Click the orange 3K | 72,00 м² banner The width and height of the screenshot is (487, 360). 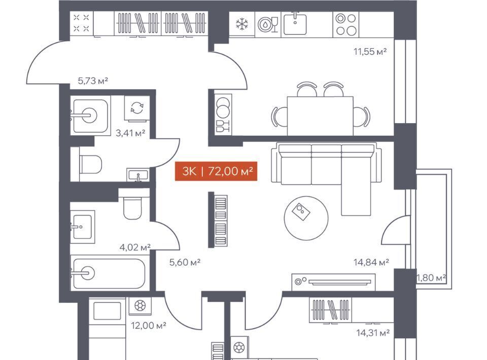pos(216,171)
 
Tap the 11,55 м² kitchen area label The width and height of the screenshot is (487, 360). pos(370,51)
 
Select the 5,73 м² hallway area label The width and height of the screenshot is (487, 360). pos(93,81)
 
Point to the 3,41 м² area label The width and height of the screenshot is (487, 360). pos(130,133)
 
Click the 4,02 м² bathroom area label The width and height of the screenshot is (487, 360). pos(135,247)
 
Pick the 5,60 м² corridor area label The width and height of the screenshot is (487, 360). pos(185,263)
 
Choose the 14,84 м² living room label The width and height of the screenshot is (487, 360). pos(371,263)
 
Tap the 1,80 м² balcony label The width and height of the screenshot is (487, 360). pos(431,277)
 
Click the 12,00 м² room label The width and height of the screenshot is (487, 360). pos(149,326)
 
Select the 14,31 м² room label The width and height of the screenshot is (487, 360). pos(373,333)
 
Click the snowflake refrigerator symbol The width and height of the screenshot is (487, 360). pos(242,24)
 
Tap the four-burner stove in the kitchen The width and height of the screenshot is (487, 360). pos(346,24)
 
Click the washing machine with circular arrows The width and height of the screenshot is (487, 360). pos(137,107)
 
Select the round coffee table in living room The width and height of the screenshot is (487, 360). pos(306,218)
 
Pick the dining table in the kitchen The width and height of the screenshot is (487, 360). pos(320,116)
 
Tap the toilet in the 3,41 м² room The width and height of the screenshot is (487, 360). pos(91,164)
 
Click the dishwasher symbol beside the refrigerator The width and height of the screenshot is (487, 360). pos(268,24)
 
